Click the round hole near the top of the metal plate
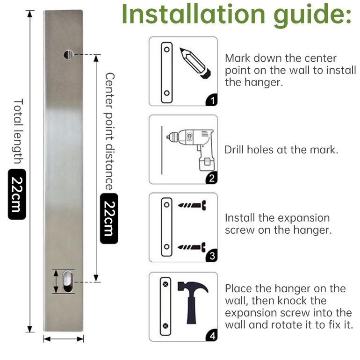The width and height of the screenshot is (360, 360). (68, 54)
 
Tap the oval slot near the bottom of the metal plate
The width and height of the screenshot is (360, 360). (68, 281)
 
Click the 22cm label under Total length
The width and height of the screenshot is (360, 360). (17, 194)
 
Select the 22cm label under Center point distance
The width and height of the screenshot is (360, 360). (109, 218)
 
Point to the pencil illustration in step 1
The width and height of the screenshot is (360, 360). (195, 63)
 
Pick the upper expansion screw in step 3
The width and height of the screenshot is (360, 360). (192, 205)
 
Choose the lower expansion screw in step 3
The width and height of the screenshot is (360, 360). (192, 247)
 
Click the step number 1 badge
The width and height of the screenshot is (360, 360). (212, 100)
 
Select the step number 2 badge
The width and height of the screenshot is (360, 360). (212, 178)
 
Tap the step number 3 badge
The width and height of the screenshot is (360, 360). (212, 256)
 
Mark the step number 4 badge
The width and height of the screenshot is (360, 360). (212, 335)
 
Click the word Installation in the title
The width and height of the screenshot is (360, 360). (194, 13)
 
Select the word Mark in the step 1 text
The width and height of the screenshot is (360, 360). (238, 58)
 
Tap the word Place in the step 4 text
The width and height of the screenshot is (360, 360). (238, 288)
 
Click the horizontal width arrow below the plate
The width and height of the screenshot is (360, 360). (64, 339)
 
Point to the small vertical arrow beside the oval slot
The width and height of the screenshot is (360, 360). (56, 281)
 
